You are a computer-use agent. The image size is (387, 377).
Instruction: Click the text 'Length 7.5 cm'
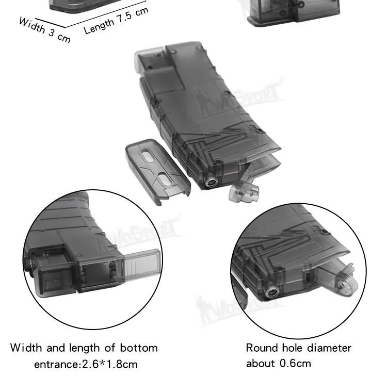[x=116, y=21]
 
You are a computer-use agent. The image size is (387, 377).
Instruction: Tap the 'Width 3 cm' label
[x=45, y=30]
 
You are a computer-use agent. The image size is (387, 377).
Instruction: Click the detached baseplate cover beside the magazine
[x=158, y=171]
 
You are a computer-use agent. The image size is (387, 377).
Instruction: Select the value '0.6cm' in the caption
[x=295, y=364]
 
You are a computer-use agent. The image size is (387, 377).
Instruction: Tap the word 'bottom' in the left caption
[x=139, y=348]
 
